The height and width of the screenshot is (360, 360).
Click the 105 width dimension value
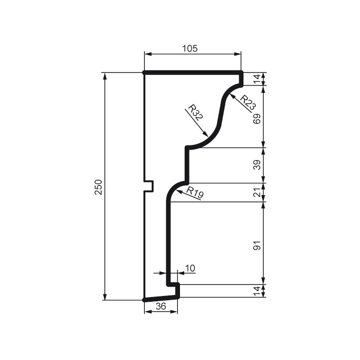click(189, 48)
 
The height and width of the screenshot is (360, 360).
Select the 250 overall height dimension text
click(98, 187)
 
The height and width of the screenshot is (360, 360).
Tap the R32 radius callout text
click(195, 113)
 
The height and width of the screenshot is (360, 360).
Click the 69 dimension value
click(257, 118)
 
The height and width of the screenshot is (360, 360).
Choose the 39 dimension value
click(257, 165)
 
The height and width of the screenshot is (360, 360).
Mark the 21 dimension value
click(257, 193)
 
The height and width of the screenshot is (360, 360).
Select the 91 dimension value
click(257, 244)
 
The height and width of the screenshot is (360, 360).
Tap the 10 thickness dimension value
click(189, 268)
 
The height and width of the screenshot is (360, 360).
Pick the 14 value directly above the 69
click(257, 79)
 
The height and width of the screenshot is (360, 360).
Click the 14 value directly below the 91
click(257, 291)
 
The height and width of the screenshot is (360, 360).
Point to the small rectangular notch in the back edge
click(149, 186)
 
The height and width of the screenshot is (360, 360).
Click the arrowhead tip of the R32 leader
click(209, 136)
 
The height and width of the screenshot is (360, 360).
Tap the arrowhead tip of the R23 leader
click(230, 96)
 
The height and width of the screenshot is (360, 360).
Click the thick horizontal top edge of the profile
click(192, 72)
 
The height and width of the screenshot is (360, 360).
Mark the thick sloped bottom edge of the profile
click(161, 298)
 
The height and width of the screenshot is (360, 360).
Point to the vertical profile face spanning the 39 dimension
click(187, 165)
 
